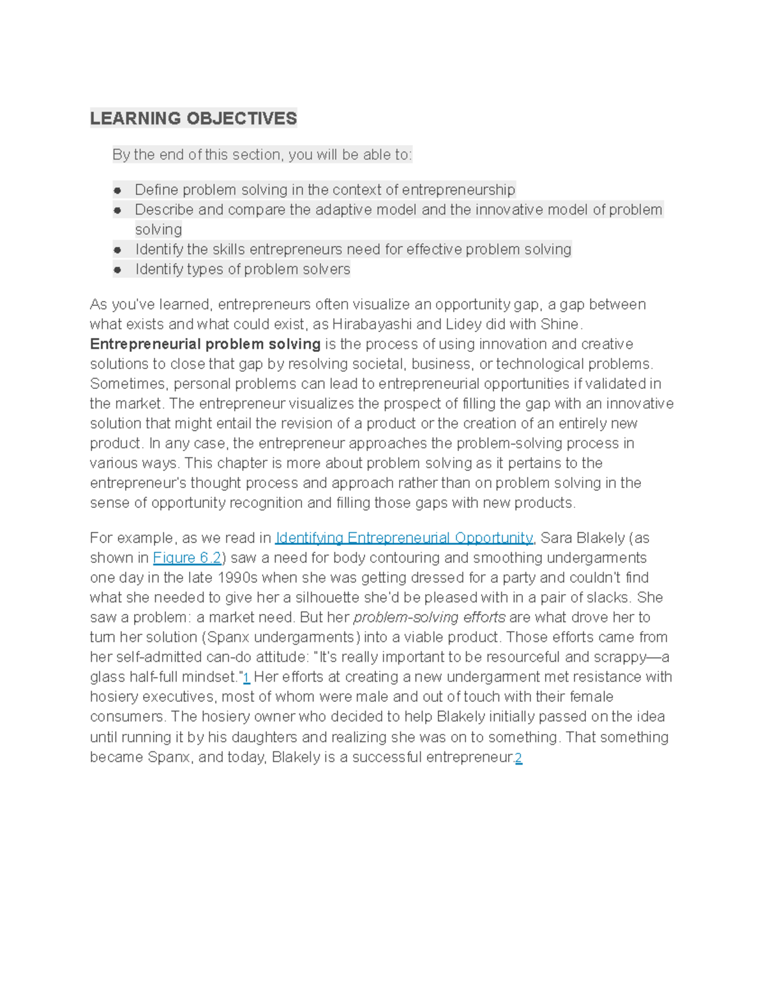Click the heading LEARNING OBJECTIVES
coord(193,118)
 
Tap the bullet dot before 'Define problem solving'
coord(117,190)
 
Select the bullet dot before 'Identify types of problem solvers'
coord(117,270)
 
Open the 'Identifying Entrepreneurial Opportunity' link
coord(403,538)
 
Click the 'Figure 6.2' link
coord(187,558)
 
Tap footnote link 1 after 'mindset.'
coord(247,677)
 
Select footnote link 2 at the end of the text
coord(519,758)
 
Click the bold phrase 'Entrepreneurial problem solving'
coord(205,344)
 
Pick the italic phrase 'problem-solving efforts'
coord(429,617)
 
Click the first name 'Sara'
coord(557,538)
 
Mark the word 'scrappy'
coord(625,657)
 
